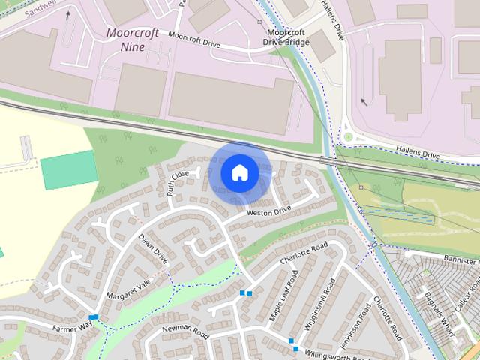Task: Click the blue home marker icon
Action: pos(239,173)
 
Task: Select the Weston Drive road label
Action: pos(268,212)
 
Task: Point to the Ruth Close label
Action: pos(178,182)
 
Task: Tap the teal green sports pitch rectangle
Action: pos(69,170)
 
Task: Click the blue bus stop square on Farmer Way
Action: pos(93,318)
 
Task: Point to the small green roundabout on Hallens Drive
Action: pos(348,136)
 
